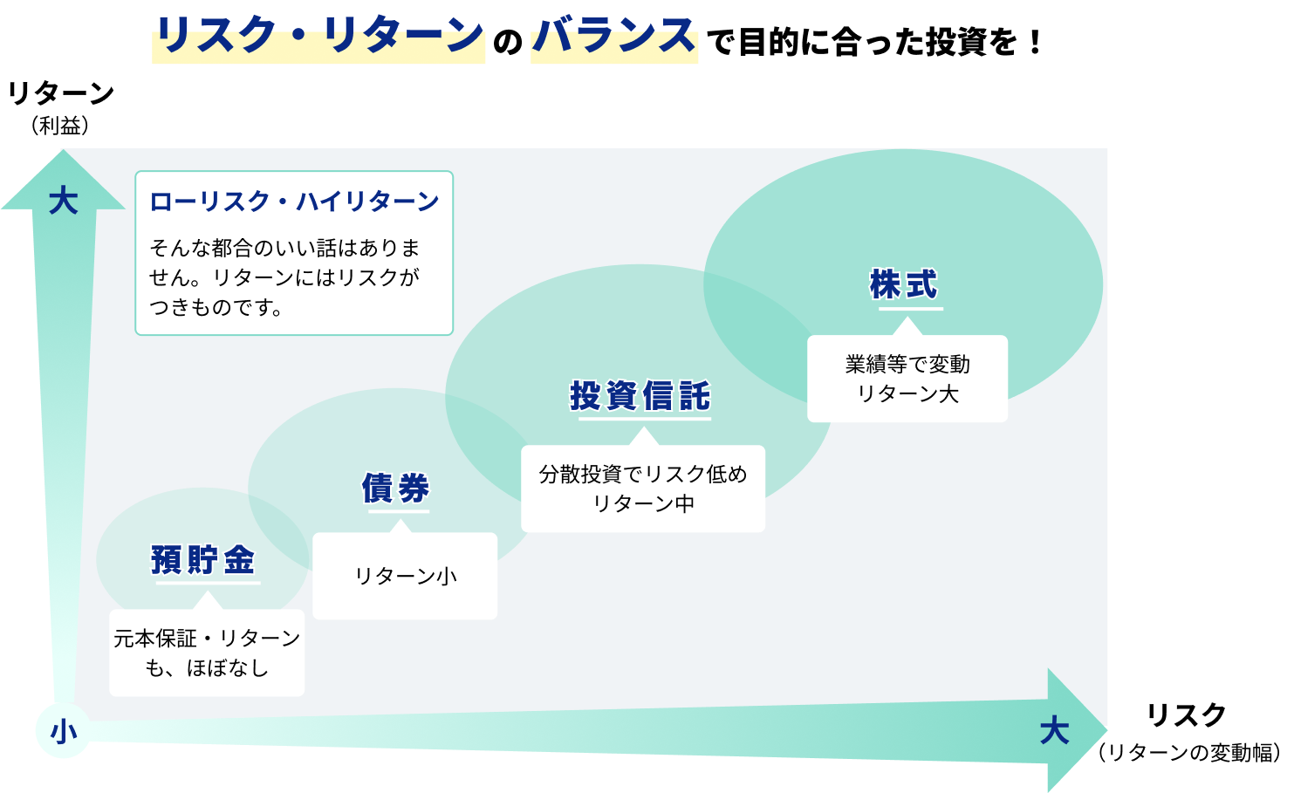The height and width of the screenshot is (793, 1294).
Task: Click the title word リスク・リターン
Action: [x=318, y=34]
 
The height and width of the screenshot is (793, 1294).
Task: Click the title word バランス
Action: [x=614, y=34]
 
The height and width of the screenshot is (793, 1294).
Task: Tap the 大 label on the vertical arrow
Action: [x=64, y=201]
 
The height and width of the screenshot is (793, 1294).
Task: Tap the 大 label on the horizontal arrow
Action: [x=1054, y=731]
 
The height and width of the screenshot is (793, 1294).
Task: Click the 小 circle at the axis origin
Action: [x=63, y=731]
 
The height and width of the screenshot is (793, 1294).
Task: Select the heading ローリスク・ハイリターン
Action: [x=294, y=202]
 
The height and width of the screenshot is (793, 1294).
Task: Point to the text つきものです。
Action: [x=216, y=307]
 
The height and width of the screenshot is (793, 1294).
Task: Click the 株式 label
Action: [x=904, y=284]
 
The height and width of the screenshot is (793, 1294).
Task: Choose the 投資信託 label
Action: [x=640, y=396]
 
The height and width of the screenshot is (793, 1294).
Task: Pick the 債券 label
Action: [x=396, y=489]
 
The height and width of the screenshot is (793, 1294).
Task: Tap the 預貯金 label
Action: [x=203, y=559]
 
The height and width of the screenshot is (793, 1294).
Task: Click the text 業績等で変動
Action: [x=907, y=364]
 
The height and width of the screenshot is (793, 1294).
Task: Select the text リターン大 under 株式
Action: [x=907, y=394]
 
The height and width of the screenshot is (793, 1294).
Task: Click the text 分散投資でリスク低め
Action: [x=643, y=474]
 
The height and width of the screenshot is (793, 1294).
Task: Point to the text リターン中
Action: [x=643, y=503]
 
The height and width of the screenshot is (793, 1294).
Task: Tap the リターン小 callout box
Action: [x=405, y=576]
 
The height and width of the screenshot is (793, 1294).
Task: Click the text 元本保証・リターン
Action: [x=207, y=639]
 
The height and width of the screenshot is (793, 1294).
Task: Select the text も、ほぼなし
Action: [x=207, y=668]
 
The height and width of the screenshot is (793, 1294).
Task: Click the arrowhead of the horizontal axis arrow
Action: [x=1078, y=730]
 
